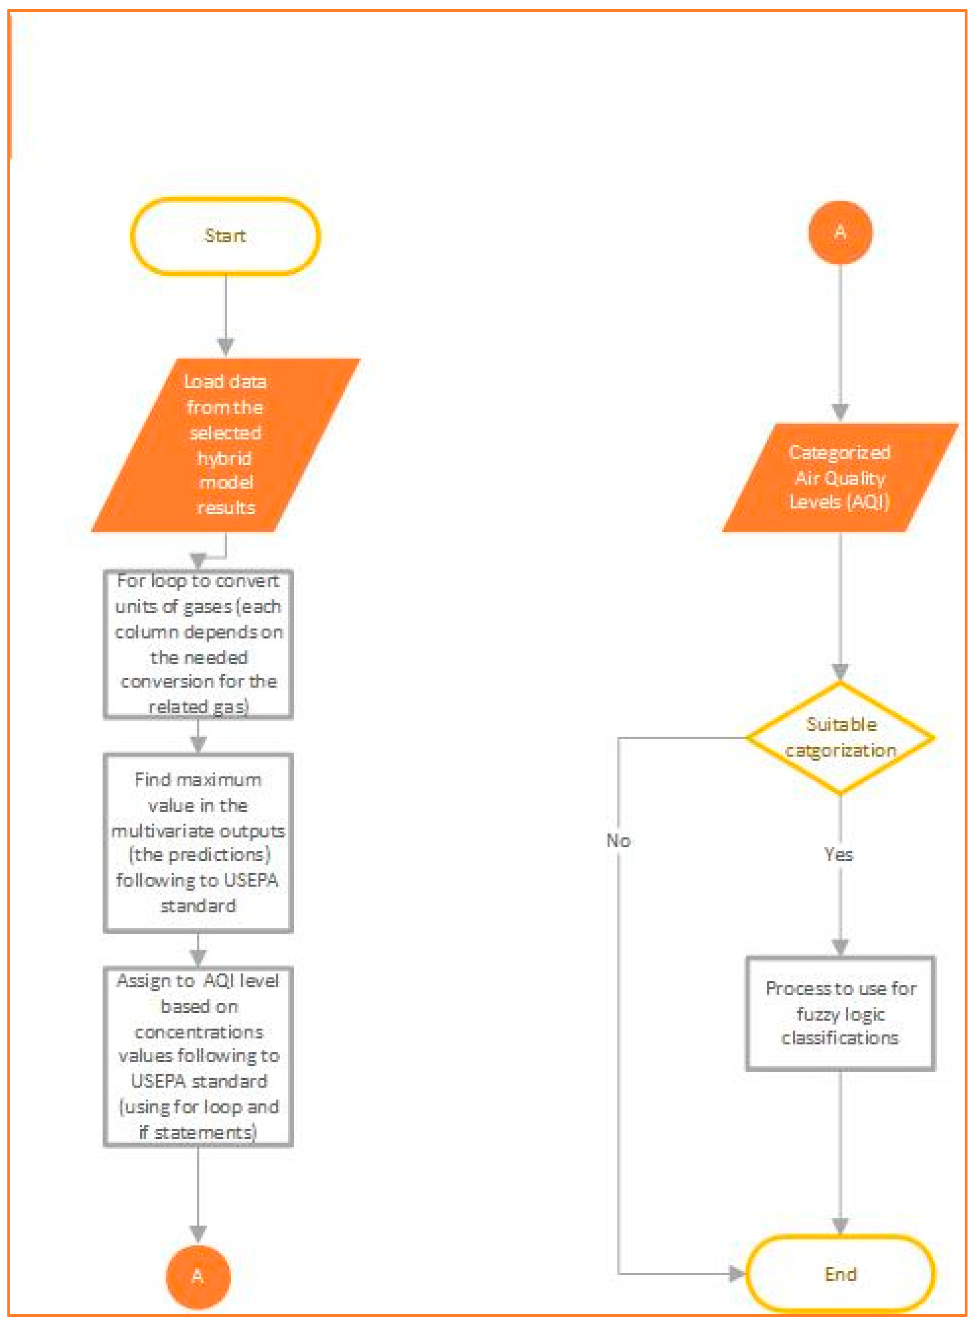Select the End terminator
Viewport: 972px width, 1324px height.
click(x=840, y=1273)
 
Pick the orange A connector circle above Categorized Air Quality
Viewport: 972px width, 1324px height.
click(x=840, y=232)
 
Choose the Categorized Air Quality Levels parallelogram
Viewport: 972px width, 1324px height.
click(x=840, y=477)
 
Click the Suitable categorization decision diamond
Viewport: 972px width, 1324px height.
click(x=840, y=738)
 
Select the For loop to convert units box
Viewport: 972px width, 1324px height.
click(x=198, y=644)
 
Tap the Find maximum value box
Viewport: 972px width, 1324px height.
click(x=198, y=842)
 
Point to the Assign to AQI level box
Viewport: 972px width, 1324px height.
click(x=198, y=1056)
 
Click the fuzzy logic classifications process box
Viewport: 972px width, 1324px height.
click(x=840, y=1013)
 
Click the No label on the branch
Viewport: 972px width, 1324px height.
click(x=619, y=840)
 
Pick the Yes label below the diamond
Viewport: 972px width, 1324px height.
click(x=838, y=854)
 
